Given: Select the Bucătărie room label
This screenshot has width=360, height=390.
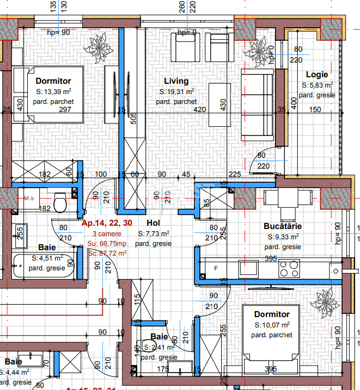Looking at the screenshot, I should pos(283,226).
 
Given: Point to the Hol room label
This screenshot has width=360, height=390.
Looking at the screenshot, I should pos(153,222).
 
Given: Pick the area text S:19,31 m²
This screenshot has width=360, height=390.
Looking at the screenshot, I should pos(176,92).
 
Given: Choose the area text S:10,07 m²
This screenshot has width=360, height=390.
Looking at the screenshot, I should pos(272,325).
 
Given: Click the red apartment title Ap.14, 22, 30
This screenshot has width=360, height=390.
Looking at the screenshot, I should pos(107,223).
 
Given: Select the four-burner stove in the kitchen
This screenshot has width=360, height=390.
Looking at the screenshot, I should pos(289,268).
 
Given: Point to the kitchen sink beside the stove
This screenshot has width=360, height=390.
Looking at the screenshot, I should pos(248,268).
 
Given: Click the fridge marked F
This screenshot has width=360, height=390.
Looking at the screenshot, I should pos(216,268).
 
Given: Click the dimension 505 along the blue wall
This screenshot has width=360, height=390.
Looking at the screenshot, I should pos(133,119).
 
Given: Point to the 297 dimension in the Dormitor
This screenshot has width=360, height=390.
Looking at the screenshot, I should pos(65,110).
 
